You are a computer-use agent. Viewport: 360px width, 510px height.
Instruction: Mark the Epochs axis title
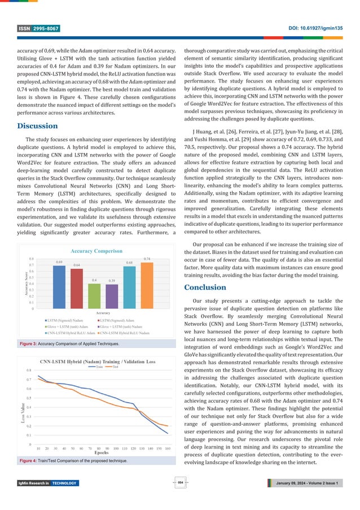click(x=102, y=452)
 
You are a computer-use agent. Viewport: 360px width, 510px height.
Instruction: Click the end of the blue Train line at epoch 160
click(x=168, y=433)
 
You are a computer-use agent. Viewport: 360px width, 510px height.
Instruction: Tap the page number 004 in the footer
click(x=180, y=482)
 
